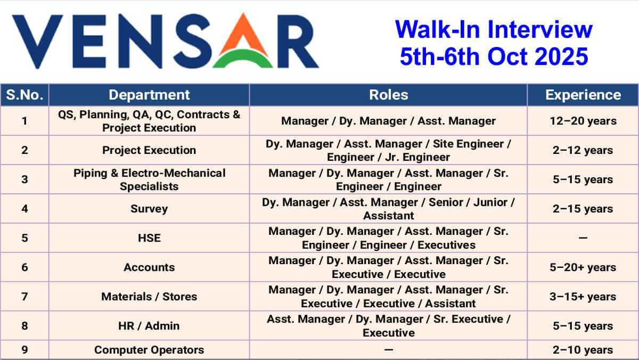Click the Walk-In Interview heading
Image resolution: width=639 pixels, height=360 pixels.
(x=494, y=29)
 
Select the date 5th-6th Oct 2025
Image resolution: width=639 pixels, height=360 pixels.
(x=494, y=56)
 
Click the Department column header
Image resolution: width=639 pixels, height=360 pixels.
(x=149, y=95)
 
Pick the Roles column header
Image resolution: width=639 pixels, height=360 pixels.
(x=389, y=95)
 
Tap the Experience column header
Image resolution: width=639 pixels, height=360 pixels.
(x=583, y=95)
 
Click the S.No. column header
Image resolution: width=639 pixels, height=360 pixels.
(x=24, y=95)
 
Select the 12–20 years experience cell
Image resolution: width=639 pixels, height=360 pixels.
(x=583, y=121)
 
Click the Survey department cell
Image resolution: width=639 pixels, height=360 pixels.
(x=149, y=209)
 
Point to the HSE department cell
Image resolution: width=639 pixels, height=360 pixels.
(x=149, y=238)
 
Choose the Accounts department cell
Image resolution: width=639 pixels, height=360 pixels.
(x=149, y=267)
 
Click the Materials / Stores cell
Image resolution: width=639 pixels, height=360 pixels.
(x=149, y=297)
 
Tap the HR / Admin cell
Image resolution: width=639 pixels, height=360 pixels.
(x=149, y=326)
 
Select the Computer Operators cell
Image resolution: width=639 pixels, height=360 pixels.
(x=149, y=350)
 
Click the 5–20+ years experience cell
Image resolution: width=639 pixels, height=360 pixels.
(x=583, y=267)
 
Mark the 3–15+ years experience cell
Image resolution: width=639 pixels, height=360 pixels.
(x=583, y=297)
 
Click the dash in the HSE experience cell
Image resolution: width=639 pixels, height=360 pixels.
(x=583, y=238)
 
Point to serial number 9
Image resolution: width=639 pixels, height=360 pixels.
(x=24, y=350)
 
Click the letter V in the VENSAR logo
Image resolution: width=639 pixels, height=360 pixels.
(x=37, y=42)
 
